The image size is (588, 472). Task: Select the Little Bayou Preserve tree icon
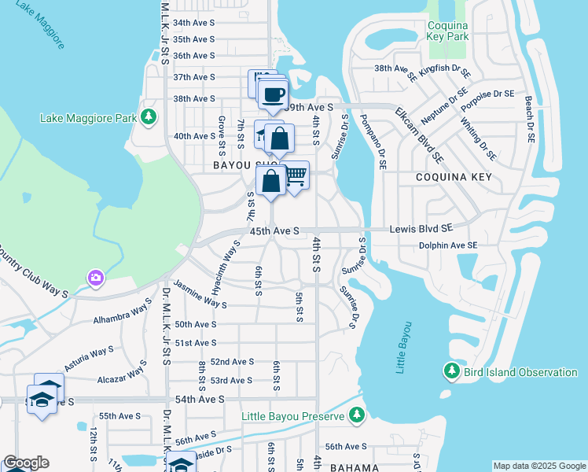357,414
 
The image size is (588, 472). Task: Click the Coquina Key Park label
447,30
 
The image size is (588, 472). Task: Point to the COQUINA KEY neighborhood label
454,178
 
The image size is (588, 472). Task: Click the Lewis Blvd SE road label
423,228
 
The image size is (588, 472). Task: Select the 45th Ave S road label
274,232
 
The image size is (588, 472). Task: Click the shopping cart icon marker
295,175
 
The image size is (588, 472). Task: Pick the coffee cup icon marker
273,95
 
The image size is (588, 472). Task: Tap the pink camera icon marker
96,277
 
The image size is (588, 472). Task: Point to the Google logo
26,463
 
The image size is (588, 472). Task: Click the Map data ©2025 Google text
538,466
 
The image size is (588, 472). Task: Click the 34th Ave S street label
193,24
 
